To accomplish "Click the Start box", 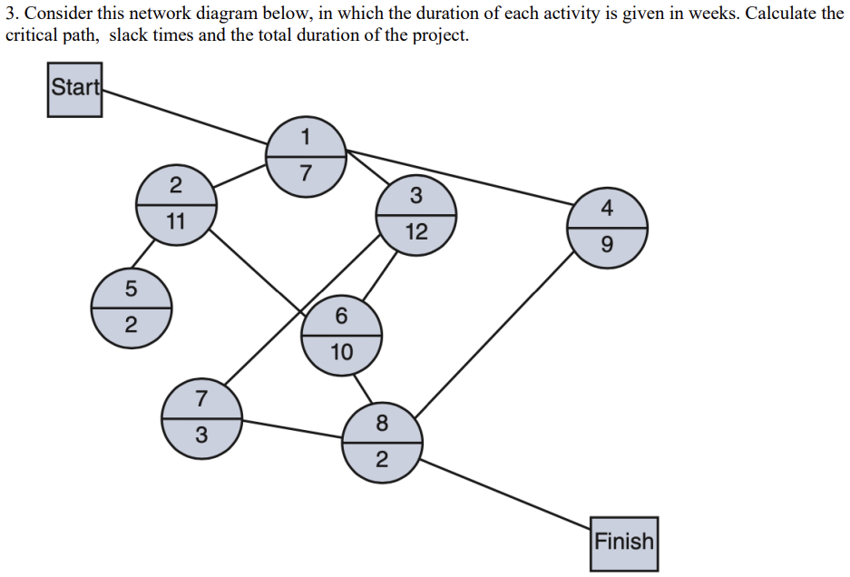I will tap(75, 89).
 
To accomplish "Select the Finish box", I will tap(624, 543).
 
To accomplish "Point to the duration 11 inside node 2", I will tap(176, 221).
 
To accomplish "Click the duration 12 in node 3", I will tap(416, 231).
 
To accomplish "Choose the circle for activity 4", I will tap(608, 228).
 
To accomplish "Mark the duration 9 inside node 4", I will tap(608, 245).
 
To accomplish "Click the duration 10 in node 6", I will tap(341, 351).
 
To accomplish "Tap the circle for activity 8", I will tap(381, 441).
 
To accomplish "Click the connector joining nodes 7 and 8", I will tap(292, 429).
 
